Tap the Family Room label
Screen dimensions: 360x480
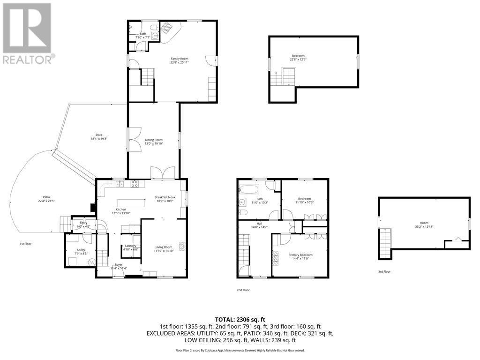179,60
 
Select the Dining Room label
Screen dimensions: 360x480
153,141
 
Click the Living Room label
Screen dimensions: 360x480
164,248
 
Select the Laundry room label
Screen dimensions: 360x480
131,247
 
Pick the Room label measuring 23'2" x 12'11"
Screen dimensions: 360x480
424,225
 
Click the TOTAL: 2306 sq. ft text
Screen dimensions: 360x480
240,318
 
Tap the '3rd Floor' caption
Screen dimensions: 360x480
384,271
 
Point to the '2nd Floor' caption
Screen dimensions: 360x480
243,290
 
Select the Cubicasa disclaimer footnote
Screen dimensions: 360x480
240,350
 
